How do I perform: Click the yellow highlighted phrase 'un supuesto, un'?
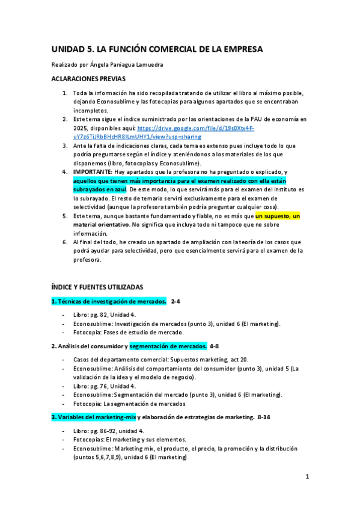tap(278, 215)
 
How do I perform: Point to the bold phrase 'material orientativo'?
tap(101, 224)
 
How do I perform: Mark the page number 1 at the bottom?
tap(307, 477)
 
